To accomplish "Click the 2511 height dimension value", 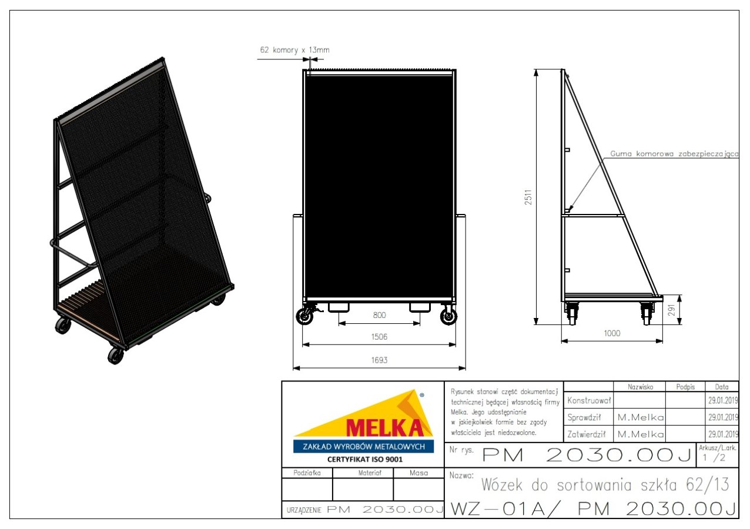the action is click(x=528, y=197).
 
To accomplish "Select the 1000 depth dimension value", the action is click(x=612, y=333).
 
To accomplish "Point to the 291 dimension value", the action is click(x=672, y=310).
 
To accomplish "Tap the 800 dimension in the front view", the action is click(x=379, y=315).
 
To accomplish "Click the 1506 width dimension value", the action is click(x=379, y=336).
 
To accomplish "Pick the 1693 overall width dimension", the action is click(x=379, y=360).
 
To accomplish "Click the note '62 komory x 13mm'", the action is click(x=294, y=50).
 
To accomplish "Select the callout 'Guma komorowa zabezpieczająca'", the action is click(x=674, y=154).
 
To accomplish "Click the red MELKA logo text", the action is click(x=384, y=427).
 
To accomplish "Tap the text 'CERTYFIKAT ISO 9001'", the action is click(x=365, y=460).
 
